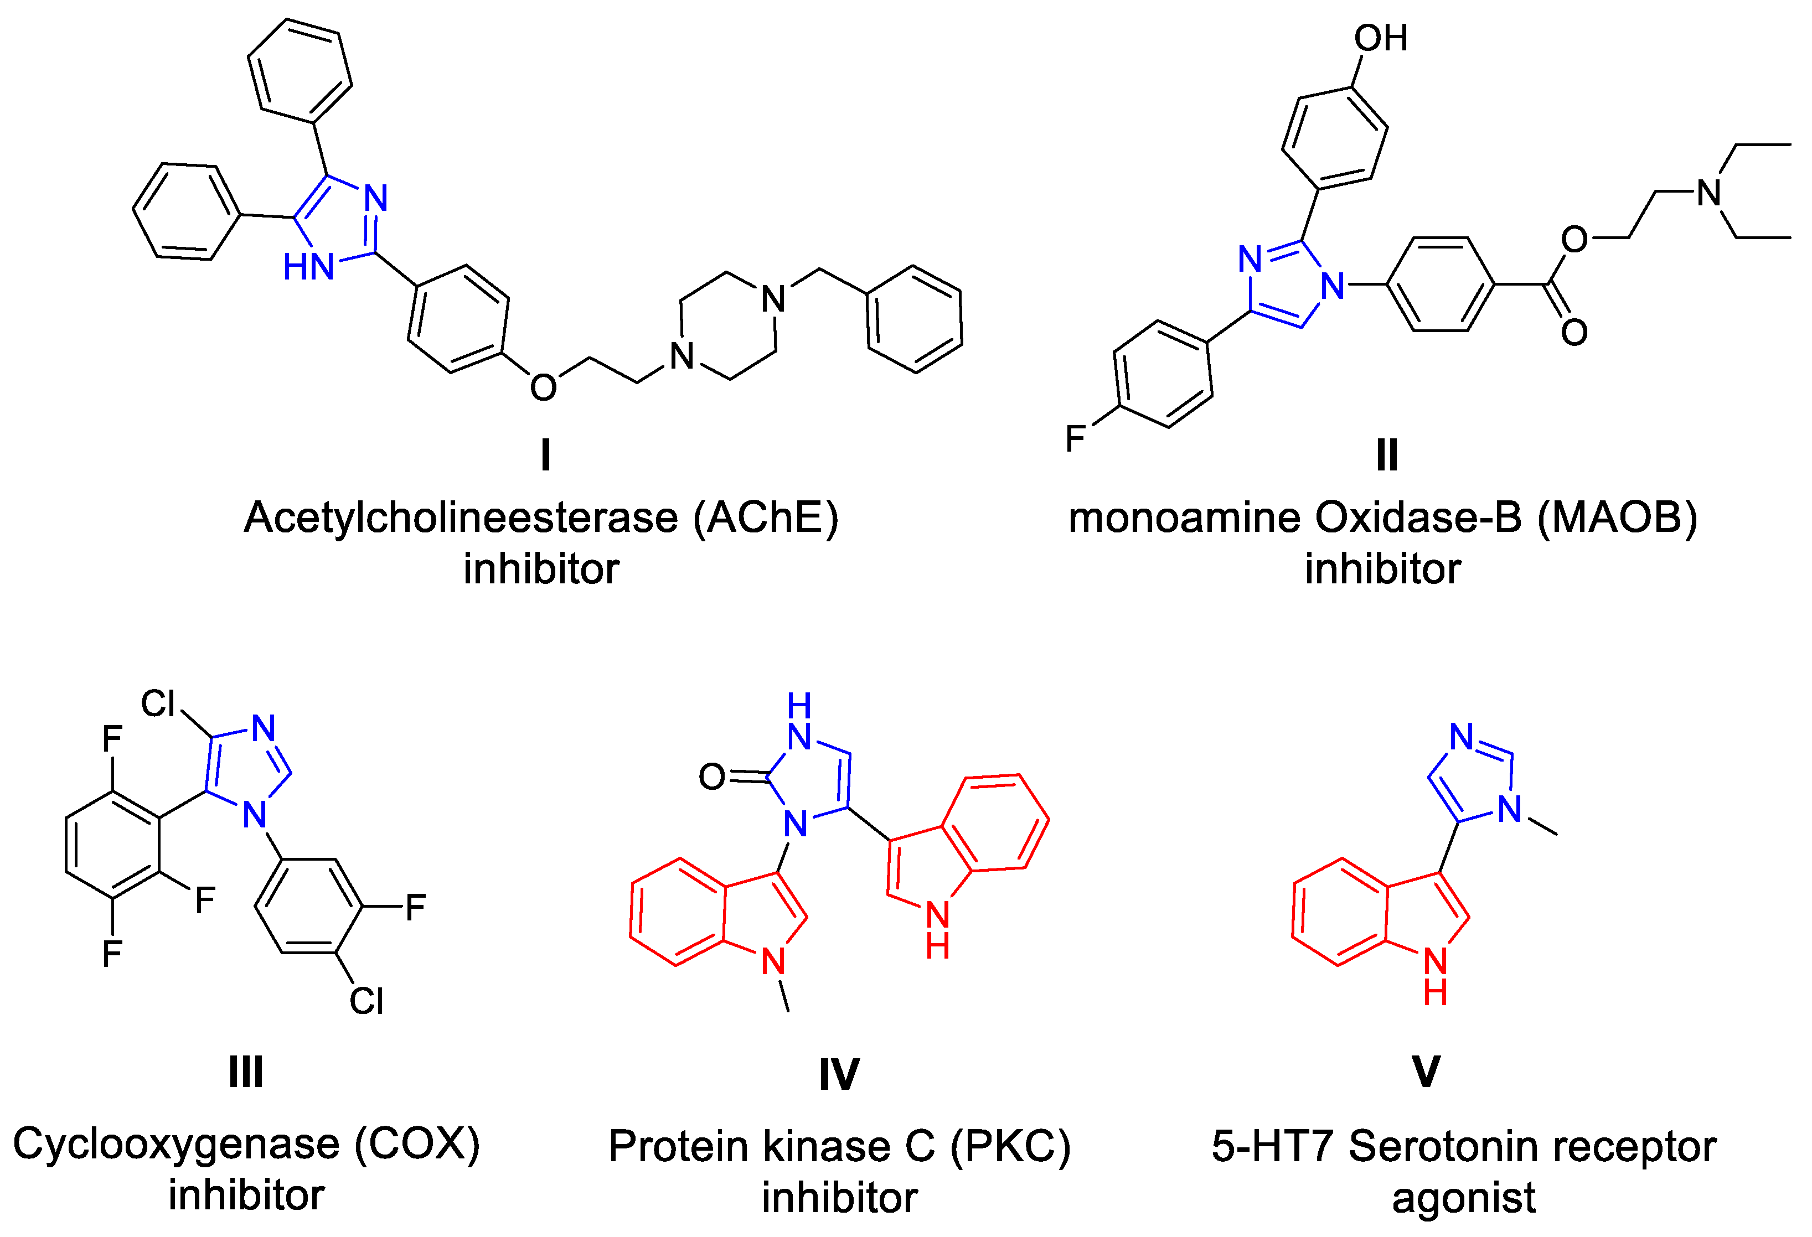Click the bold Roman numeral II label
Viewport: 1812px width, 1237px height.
tap(1386, 454)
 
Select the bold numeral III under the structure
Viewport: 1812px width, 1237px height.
tap(246, 1072)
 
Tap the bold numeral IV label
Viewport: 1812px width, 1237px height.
tap(839, 1075)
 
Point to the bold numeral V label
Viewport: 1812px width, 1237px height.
tap(1426, 1072)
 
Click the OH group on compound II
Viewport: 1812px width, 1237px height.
tap(1381, 38)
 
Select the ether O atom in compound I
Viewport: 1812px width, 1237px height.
tap(544, 387)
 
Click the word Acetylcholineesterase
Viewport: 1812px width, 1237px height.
tap(461, 517)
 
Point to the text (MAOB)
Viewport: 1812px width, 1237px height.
tap(1617, 517)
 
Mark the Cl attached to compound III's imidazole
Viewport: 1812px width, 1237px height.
tap(158, 704)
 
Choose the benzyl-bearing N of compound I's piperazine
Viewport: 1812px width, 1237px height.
tap(773, 298)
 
